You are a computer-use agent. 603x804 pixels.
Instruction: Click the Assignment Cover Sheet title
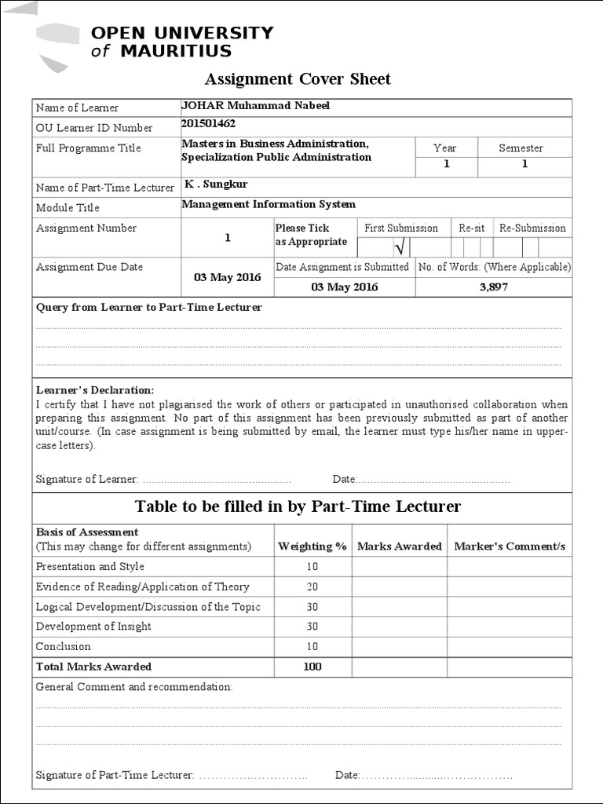[x=298, y=79]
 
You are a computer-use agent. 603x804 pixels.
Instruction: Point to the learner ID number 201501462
[x=208, y=123]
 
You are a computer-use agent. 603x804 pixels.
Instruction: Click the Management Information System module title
[x=269, y=204]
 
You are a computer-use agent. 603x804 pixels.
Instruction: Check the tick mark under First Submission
[x=398, y=249]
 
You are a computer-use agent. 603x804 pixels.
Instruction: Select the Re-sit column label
[x=472, y=228]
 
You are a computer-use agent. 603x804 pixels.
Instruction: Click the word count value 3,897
[x=493, y=287]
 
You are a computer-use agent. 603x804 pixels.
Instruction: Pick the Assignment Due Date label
[x=90, y=267]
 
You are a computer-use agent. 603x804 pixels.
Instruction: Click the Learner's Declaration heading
[x=95, y=390]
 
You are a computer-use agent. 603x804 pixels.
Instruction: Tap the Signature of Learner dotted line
[x=217, y=479]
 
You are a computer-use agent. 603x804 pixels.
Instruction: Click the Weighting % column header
[x=312, y=546]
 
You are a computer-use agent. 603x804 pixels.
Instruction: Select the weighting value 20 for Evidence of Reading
[x=312, y=587]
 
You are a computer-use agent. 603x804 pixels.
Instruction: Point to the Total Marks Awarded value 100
[x=312, y=667]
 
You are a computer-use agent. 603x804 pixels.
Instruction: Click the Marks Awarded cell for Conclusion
[x=399, y=647]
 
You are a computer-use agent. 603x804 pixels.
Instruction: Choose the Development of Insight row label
[x=93, y=627]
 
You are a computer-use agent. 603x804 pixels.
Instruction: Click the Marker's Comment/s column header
[x=510, y=546]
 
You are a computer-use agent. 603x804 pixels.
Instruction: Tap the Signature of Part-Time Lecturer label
[x=115, y=775]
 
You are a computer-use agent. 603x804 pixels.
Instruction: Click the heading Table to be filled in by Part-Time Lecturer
[x=298, y=506]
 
